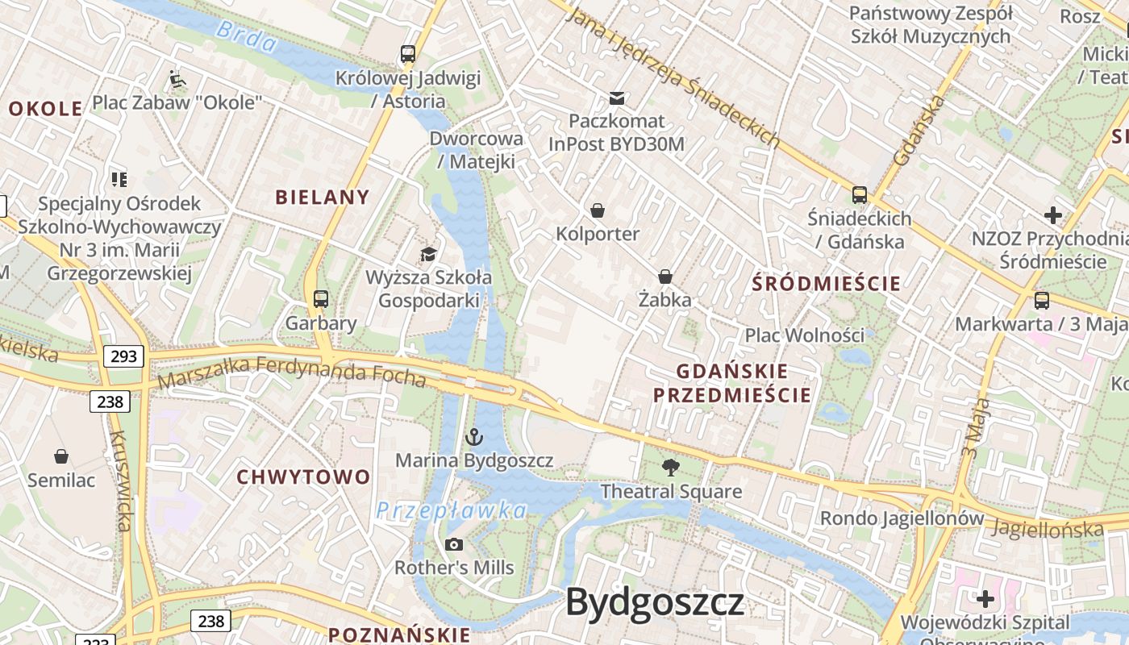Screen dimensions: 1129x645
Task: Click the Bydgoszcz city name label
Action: pos(655,602)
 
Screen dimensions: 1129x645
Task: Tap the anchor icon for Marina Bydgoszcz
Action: pos(474,438)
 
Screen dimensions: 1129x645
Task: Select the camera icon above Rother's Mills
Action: pos(454,544)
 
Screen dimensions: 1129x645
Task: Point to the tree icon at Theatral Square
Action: pos(670,468)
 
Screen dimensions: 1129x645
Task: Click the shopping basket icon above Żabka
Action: pos(665,277)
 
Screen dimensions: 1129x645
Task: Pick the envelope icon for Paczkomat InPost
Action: pos(617,98)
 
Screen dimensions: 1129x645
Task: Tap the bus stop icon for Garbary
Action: pos(321,299)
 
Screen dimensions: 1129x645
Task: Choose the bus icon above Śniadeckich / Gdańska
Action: pos(860,195)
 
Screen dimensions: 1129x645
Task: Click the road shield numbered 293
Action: pos(123,356)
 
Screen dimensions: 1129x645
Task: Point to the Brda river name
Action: pos(247,36)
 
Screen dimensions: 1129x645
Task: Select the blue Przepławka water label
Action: pos(451,510)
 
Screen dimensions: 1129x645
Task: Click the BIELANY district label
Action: pos(323,197)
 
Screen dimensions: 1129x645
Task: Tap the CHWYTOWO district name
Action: pos(303,476)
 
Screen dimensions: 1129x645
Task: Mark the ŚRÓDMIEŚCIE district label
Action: pos(826,283)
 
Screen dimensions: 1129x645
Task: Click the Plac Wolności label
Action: pos(804,335)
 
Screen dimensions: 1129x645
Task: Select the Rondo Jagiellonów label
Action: pos(902,518)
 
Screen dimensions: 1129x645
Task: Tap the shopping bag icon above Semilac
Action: pos(61,457)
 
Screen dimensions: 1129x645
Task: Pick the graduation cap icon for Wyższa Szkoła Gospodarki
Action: pos(428,255)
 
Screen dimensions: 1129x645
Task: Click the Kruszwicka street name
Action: pos(120,481)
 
